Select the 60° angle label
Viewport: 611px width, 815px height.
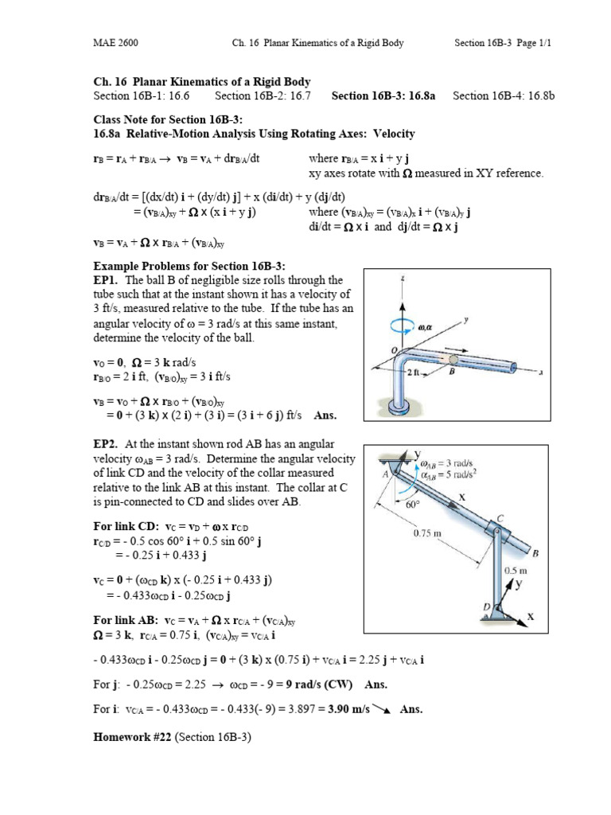pyautogui.click(x=411, y=504)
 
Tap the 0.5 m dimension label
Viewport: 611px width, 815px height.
pyautogui.click(x=517, y=571)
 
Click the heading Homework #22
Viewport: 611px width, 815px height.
pyautogui.click(x=132, y=737)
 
